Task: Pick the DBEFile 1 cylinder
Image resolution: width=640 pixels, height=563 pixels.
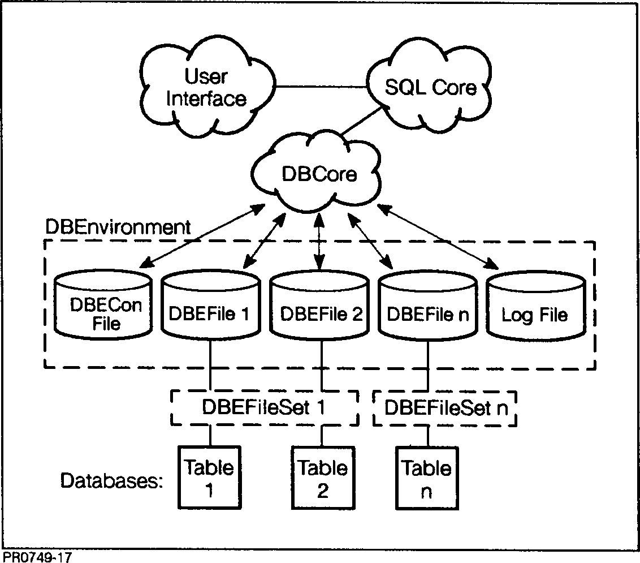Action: [210, 308]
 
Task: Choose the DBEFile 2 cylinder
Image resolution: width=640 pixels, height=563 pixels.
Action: [320, 308]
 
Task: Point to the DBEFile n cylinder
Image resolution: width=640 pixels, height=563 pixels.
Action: [427, 308]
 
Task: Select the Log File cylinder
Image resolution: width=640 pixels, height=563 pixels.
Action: [535, 309]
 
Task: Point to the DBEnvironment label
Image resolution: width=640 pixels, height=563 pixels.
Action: [118, 227]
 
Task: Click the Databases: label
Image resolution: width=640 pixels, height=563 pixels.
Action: [111, 481]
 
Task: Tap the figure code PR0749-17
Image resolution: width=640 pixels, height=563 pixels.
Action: [37, 557]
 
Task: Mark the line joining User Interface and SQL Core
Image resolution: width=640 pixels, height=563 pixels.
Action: [319, 87]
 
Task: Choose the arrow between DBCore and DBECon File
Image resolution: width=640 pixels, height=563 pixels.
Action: [198, 238]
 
